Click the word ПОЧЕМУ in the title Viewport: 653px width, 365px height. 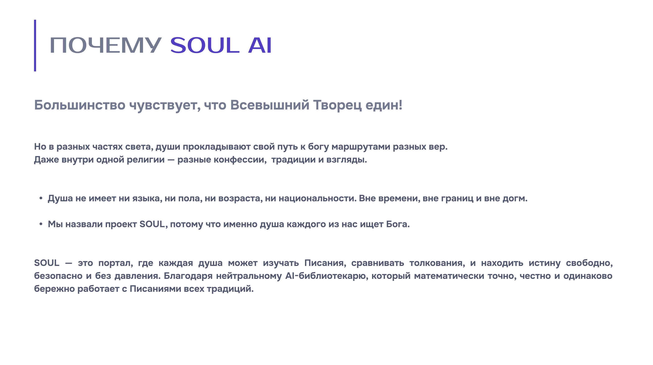(x=105, y=45)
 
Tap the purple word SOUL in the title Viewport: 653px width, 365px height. (x=205, y=45)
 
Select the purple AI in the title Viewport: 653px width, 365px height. (x=260, y=45)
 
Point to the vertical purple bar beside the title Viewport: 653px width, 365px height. (x=35, y=46)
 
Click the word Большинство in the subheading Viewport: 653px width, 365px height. (x=80, y=105)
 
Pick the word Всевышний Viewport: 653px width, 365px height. (x=270, y=105)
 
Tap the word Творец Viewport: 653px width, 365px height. (x=337, y=105)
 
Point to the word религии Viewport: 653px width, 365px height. (x=146, y=160)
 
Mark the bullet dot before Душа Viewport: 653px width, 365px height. (x=41, y=198)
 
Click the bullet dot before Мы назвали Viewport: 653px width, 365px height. (x=41, y=224)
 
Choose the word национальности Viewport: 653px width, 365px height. (x=317, y=198)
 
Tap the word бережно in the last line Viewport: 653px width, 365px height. (x=54, y=289)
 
